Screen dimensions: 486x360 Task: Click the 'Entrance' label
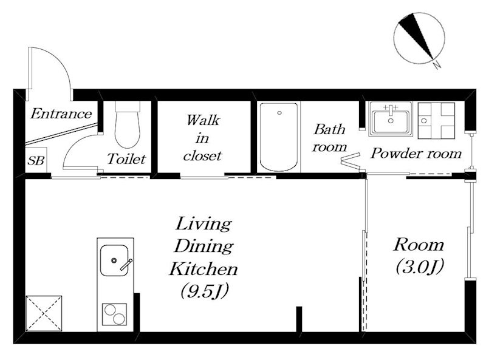click(61, 114)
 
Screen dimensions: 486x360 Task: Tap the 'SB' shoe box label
click(36, 160)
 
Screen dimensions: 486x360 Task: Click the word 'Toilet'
click(126, 159)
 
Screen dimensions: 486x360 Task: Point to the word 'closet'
click(202, 156)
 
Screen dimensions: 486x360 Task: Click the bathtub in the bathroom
click(279, 137)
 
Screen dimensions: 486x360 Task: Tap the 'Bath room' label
click(329, 138)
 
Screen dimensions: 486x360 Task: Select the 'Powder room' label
click(416, 154)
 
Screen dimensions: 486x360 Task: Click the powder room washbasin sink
click(391, 119)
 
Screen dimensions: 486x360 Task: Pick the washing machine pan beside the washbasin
click(436, 120)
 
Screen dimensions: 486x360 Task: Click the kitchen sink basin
click(114, 260)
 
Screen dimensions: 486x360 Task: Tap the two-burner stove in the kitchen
click(115, 314)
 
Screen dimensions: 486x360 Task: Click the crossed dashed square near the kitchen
click(44, 313)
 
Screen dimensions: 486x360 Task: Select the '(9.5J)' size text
click(204, 291)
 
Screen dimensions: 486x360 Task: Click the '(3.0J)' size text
click(420, 266)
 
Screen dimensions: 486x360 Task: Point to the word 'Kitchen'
click(204, 268)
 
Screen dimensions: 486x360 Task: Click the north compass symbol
click(419, 38)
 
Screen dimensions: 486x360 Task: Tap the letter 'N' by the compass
click(437, 65)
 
